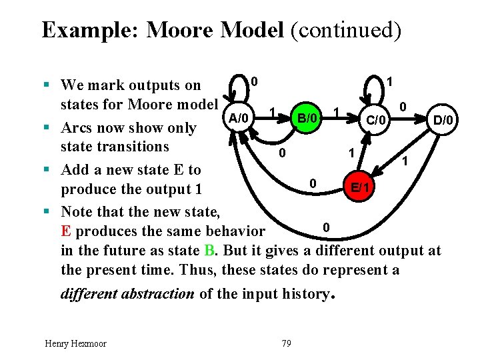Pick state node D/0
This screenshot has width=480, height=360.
pos(443,120)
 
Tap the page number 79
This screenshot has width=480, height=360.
pos(287,343)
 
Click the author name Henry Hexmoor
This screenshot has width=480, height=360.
pos(75,343)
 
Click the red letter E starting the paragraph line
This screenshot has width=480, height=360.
pos(65,231)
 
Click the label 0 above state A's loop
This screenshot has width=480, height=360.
pos(255,81)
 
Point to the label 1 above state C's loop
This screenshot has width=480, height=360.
pos(391,81)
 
